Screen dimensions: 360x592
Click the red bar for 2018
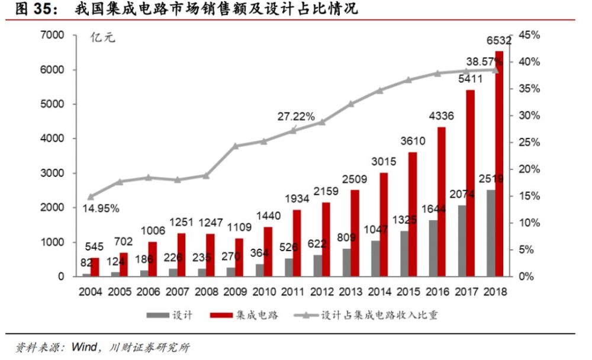(499, 164)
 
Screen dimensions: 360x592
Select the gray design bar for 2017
(461, 240)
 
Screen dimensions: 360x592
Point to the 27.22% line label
(295, 117)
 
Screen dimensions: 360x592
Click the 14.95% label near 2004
(100, 208)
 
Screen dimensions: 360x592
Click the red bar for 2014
(384, 224)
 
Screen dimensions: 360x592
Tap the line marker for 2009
(235, 146)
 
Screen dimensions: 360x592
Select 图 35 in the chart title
(33, 10)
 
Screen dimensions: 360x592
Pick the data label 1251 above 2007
(181, 221)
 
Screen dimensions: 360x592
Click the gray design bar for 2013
(346, 262)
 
